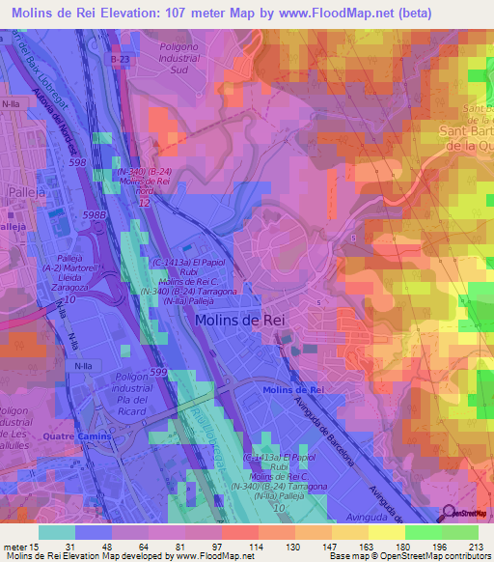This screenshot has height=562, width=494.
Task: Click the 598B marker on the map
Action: pyautogui.click(x=93, y=214)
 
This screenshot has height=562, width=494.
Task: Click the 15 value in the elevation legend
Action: pyautogui.click(x=36, y=546)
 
